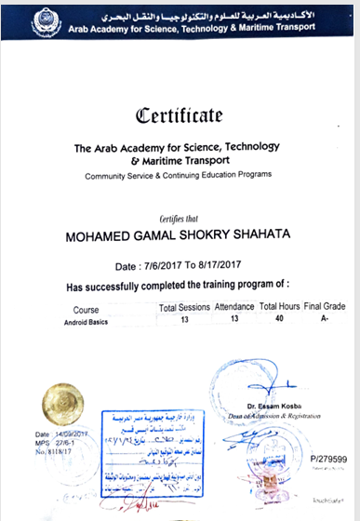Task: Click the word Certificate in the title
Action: pyautogui.click(x=180, y=116)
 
